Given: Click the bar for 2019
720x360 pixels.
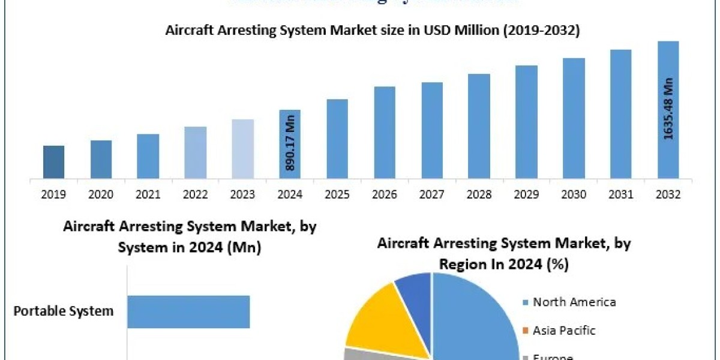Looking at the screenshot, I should (54, 162).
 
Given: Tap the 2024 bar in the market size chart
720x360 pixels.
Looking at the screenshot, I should (290, 144).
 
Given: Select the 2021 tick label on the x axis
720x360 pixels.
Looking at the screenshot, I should (148, 194).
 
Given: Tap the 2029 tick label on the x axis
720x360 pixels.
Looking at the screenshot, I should (526, 194).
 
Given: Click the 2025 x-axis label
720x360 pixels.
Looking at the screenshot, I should (337, 194).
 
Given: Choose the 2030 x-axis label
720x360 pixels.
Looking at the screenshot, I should (574, 194).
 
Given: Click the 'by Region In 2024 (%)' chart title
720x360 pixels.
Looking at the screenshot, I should (504, 253).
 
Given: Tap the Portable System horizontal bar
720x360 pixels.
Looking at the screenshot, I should (188, 311).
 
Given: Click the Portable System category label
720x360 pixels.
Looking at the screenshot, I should (64, 311).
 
